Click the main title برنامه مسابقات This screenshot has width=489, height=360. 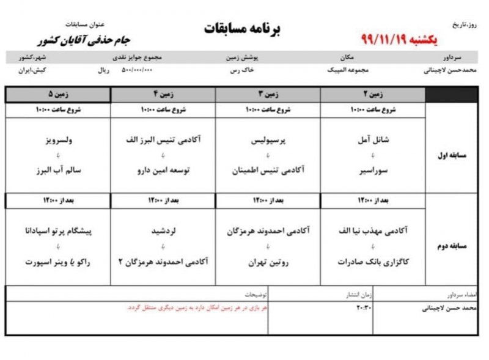(241, 29)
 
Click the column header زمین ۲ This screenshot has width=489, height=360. (372, 94)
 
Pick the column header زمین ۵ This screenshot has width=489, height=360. (58, 94)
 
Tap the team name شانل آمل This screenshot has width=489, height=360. (372, 140)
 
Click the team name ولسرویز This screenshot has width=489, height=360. (58, 140)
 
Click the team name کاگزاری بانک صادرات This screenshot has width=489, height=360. (372, 262)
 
